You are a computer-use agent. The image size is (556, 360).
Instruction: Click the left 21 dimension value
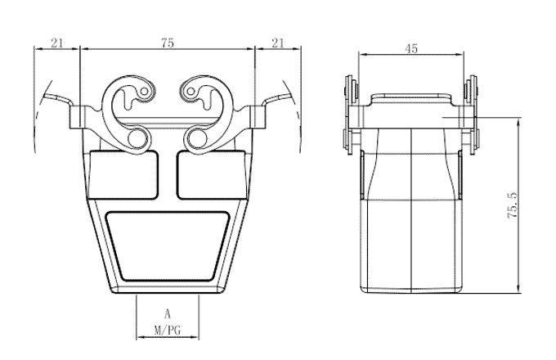[x=57, y=43]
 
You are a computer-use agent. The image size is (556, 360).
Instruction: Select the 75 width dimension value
[x=167, y=43]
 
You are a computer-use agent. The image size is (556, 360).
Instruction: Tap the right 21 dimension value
[x=277, y=43]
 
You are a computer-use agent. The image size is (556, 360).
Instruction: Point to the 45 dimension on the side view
[x=411, y=49]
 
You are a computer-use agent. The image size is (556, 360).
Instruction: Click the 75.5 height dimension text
[x=513, y=205]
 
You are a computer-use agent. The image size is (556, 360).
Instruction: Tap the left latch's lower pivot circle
[x=137, y=139]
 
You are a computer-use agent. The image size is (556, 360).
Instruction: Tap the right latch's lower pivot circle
[x=196, y=139]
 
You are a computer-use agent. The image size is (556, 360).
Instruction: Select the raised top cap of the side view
[x=411, y=101]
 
